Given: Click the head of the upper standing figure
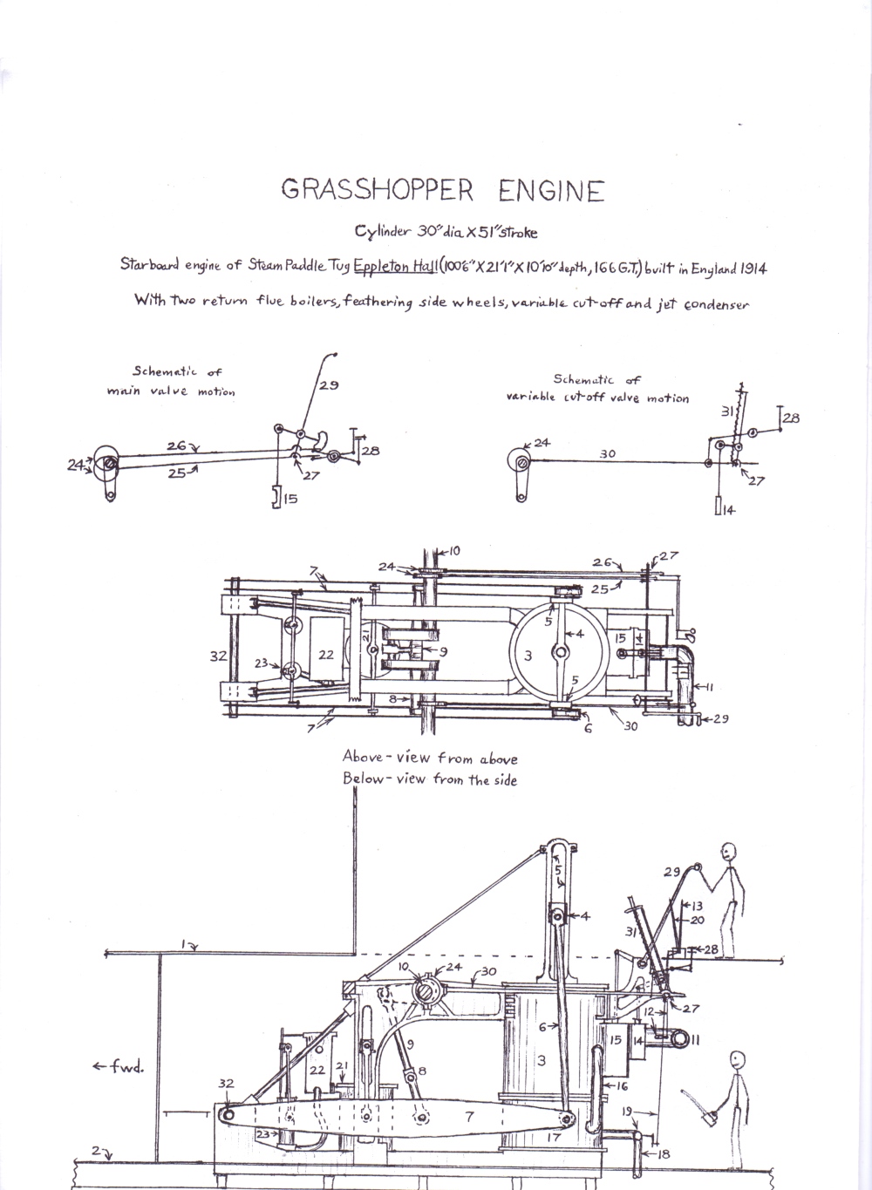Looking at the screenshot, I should pos(728,852).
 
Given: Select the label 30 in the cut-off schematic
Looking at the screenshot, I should pos(608,454).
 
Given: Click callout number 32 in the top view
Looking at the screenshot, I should pos(218,655).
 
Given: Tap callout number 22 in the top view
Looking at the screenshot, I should pos(326,655).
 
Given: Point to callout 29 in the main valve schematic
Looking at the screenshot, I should pos(329,384).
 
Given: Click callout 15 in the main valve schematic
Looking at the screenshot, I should pos(290,500).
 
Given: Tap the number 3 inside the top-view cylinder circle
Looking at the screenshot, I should pos(528,654).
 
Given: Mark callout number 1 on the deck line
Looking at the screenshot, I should pos(185,942).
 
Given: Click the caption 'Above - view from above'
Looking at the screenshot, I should pos(430,758).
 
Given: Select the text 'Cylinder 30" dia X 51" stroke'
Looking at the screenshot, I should pos(446,232).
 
